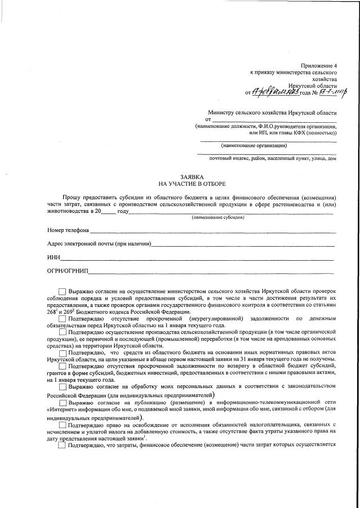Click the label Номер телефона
pyautogui.click(x=68, y=230)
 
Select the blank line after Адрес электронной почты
pyautogui.click(x=242, y=244)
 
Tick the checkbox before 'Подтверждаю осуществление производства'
pyautogui.click(x=62, y=332)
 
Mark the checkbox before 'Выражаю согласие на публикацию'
pyautogui.click(x=62, y=403)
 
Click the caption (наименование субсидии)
pyautogui.click(x=217, y=217)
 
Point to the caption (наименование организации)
pyautogui.click(x=254, y=145)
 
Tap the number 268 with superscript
pyautogui.click(x=54, y=312)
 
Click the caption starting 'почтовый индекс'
pyautogui.click(x=273, y=158)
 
